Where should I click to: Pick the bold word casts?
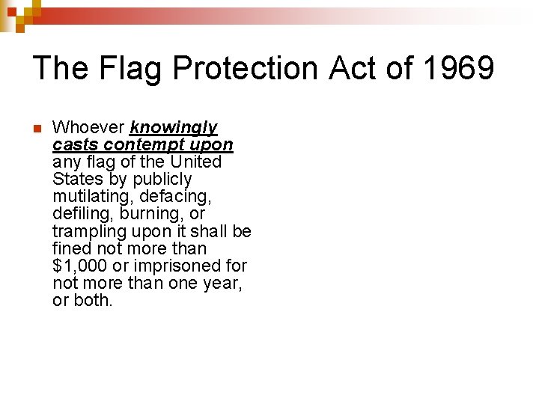(x=76, y=145)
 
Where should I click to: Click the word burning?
(x=150, y=214)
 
